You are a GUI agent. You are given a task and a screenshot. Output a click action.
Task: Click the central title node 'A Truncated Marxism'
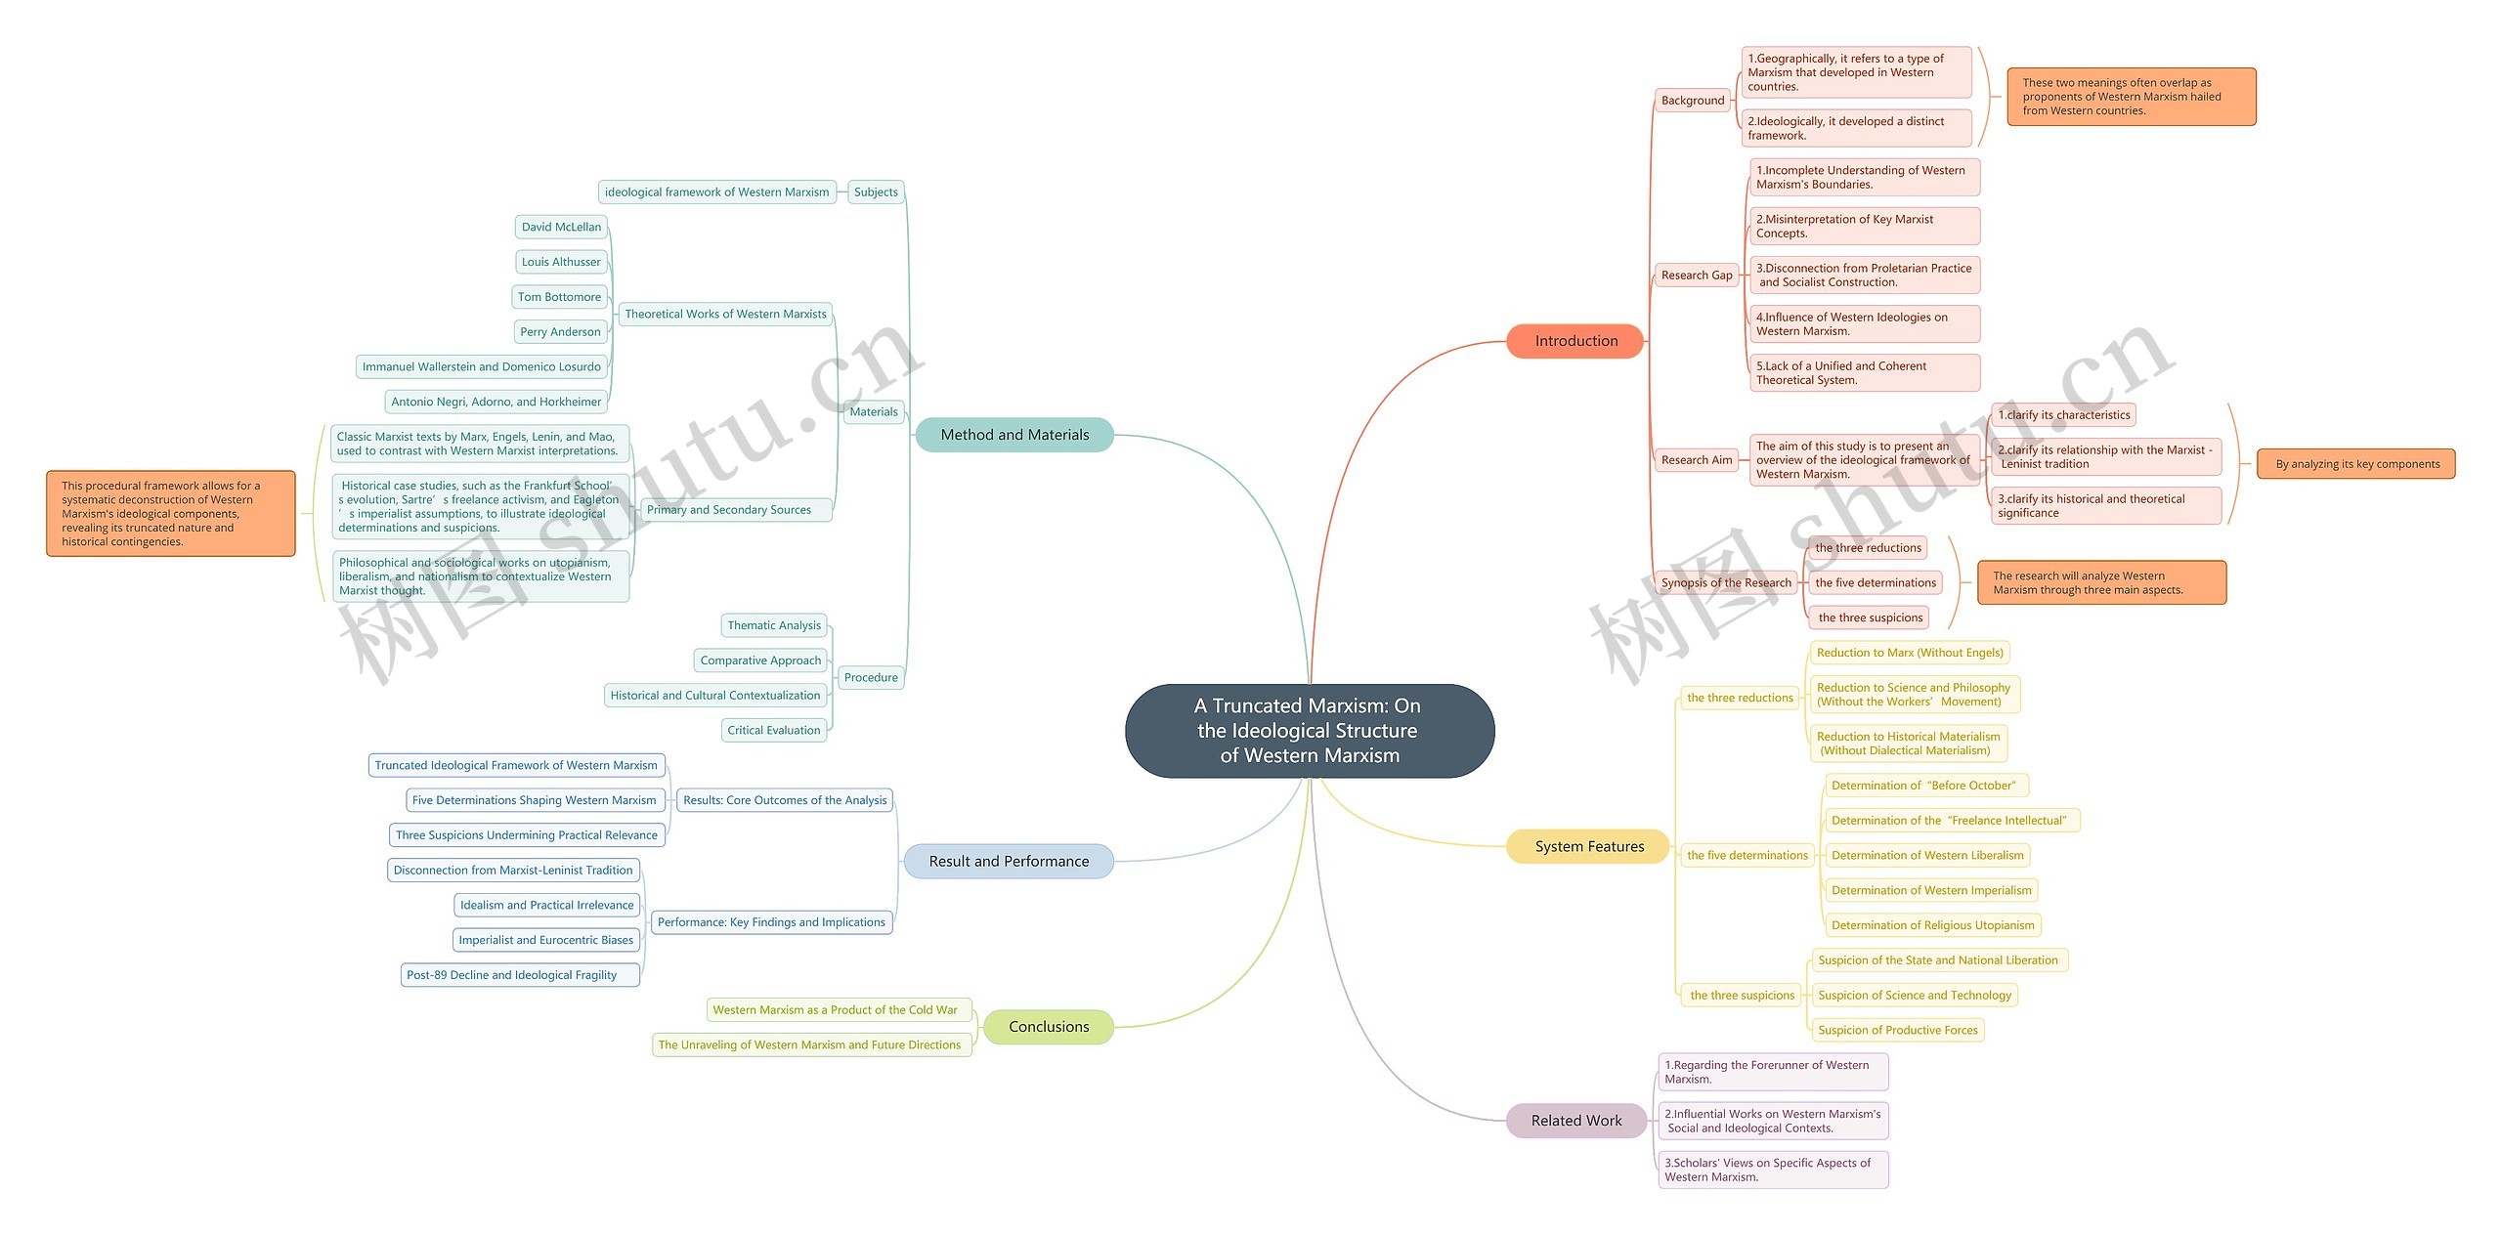1310,731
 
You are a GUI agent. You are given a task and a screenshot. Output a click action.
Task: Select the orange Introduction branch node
1575,341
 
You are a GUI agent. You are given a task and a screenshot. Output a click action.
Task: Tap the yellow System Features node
1589,846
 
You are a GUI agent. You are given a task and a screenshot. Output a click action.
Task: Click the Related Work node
1575,1121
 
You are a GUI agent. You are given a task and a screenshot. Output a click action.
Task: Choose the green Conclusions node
1049,1027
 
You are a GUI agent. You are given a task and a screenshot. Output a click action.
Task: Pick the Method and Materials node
1014,435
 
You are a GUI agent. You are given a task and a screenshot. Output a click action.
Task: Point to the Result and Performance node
1009,861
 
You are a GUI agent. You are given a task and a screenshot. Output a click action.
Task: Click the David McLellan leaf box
561,227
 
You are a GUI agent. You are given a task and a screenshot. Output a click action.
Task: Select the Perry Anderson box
560,332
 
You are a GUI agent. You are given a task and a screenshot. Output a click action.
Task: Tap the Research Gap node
1697,276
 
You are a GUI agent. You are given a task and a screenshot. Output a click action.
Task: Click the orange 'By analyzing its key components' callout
2356,464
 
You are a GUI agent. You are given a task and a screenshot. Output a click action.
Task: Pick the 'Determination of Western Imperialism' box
1931,890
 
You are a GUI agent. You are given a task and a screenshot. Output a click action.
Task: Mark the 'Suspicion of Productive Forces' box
1897,1030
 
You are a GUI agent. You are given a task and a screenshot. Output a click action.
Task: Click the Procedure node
871,677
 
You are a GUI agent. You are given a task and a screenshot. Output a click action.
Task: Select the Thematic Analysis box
774,625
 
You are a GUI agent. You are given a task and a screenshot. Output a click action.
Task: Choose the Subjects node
876,192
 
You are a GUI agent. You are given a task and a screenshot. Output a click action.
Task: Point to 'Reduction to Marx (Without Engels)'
1910,653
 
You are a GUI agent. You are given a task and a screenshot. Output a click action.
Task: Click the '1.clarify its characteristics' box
2063,415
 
